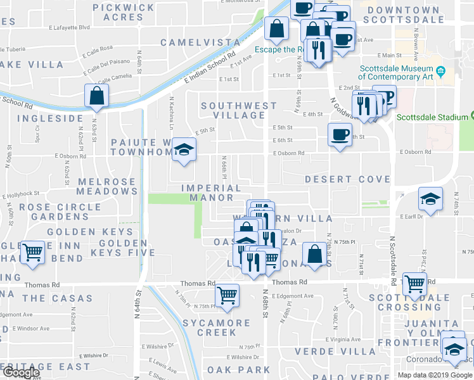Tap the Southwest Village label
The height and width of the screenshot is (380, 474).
click(x=239, y=110)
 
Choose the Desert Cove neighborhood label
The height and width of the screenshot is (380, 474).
click(x=347, y=179)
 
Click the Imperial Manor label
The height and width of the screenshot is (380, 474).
click(x=211, y=193)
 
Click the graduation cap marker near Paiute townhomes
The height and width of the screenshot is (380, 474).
click(x=184, y=149)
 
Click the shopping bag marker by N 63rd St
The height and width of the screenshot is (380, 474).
click(x=97, y=96)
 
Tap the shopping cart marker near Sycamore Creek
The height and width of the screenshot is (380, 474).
click(x=227, y=294)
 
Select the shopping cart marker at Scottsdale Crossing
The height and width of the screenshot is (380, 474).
click(x=414, y=284)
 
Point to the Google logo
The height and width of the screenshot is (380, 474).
click(x=21, y=373)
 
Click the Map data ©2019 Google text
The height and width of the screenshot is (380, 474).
click(x=435, y=375)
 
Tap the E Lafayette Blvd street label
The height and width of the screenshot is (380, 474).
click(x=68, y=28)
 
